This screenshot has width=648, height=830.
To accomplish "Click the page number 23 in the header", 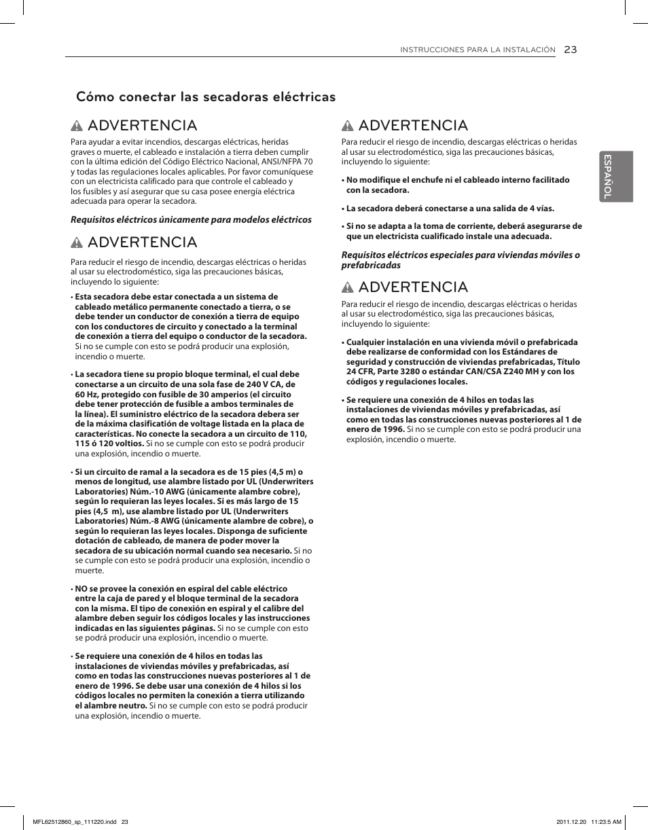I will (x=570, y=49).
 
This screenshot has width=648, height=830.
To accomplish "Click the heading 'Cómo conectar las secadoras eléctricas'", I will (x=206, y=96).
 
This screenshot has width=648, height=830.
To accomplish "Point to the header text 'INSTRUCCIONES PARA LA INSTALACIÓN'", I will (x=478, y=50).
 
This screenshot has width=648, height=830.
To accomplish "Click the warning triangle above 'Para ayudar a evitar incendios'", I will (x=77, y=126).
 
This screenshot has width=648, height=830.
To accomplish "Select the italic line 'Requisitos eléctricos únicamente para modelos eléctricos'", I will (x=192, y=219).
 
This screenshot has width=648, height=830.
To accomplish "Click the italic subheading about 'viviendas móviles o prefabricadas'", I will (x=461, y=259).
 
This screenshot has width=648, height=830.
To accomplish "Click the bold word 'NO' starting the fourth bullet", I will (x=82, y=589).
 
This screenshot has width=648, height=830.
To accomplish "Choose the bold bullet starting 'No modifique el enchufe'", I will (x=458, y=185).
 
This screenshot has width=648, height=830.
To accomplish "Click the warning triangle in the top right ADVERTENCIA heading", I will (x=348, y=126).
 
